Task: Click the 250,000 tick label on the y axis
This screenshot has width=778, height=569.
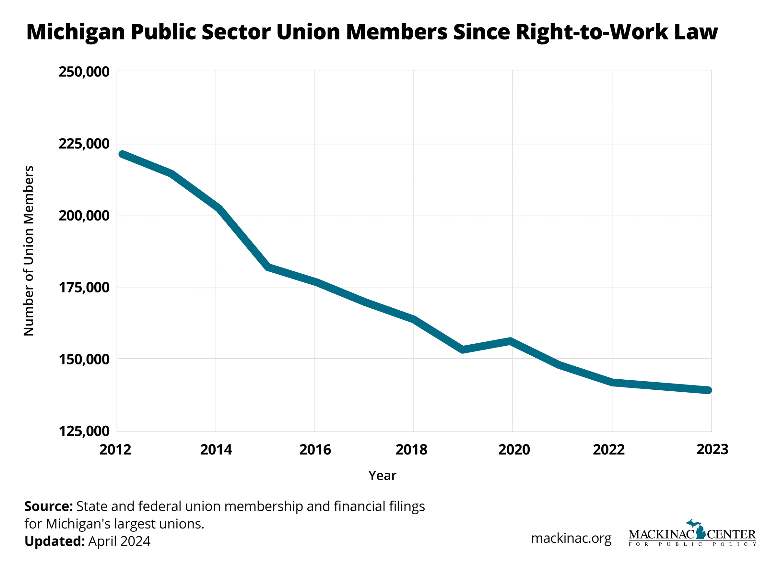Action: point(84,72)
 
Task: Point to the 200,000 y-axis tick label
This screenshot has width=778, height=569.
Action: point(84,216)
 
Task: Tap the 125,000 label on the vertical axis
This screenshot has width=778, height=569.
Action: point(84,431)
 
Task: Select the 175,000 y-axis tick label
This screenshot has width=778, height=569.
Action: point(84,288)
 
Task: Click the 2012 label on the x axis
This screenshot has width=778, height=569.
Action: point(115,450)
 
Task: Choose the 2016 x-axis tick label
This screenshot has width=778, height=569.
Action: point(315,450)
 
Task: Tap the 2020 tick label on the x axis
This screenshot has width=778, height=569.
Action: point(514,450)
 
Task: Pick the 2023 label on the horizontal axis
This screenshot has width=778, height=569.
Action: point(712,449)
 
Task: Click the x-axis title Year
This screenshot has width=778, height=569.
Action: point(382,476)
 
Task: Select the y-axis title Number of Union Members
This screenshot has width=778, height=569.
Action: point(29,251)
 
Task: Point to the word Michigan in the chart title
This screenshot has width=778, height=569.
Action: point(76,32)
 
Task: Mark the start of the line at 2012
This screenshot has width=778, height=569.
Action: point(122,154)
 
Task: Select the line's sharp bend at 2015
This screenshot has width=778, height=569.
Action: point(269,267)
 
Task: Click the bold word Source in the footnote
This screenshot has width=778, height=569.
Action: point(48,506)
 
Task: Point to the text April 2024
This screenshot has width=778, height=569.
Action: point(119,541)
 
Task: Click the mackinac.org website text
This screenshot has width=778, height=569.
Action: point(571,538)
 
